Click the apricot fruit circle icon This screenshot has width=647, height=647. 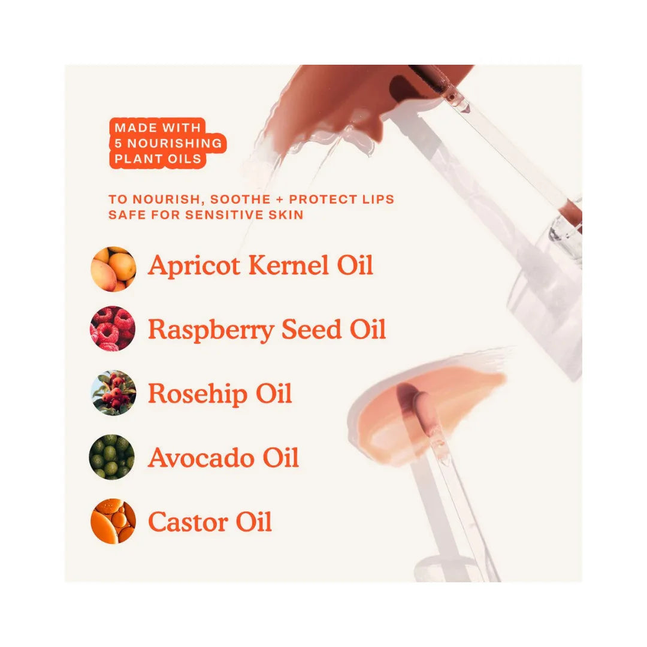pos(113,269)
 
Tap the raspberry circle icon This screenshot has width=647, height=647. pos(113,328)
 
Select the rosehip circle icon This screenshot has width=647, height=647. pos(113,393)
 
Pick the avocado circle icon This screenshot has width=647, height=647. pos(112,457)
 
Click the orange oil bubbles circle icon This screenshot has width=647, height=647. pos(113,522)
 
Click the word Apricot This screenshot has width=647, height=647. pos(194,266)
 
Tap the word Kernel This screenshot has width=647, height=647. pos(288,265)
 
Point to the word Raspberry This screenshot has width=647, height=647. pos(211,331)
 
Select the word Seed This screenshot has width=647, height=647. pos(312,329)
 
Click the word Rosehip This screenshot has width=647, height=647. pos(198,395)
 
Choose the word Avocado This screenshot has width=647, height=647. pos(201,458)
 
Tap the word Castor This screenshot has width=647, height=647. pos(188,522)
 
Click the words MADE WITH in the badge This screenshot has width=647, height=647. pos(158,128)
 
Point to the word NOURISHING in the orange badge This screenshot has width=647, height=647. pos(174,143)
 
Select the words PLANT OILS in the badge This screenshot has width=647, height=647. pos(158,159)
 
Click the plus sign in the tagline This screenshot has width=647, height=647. pos(280,199)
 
